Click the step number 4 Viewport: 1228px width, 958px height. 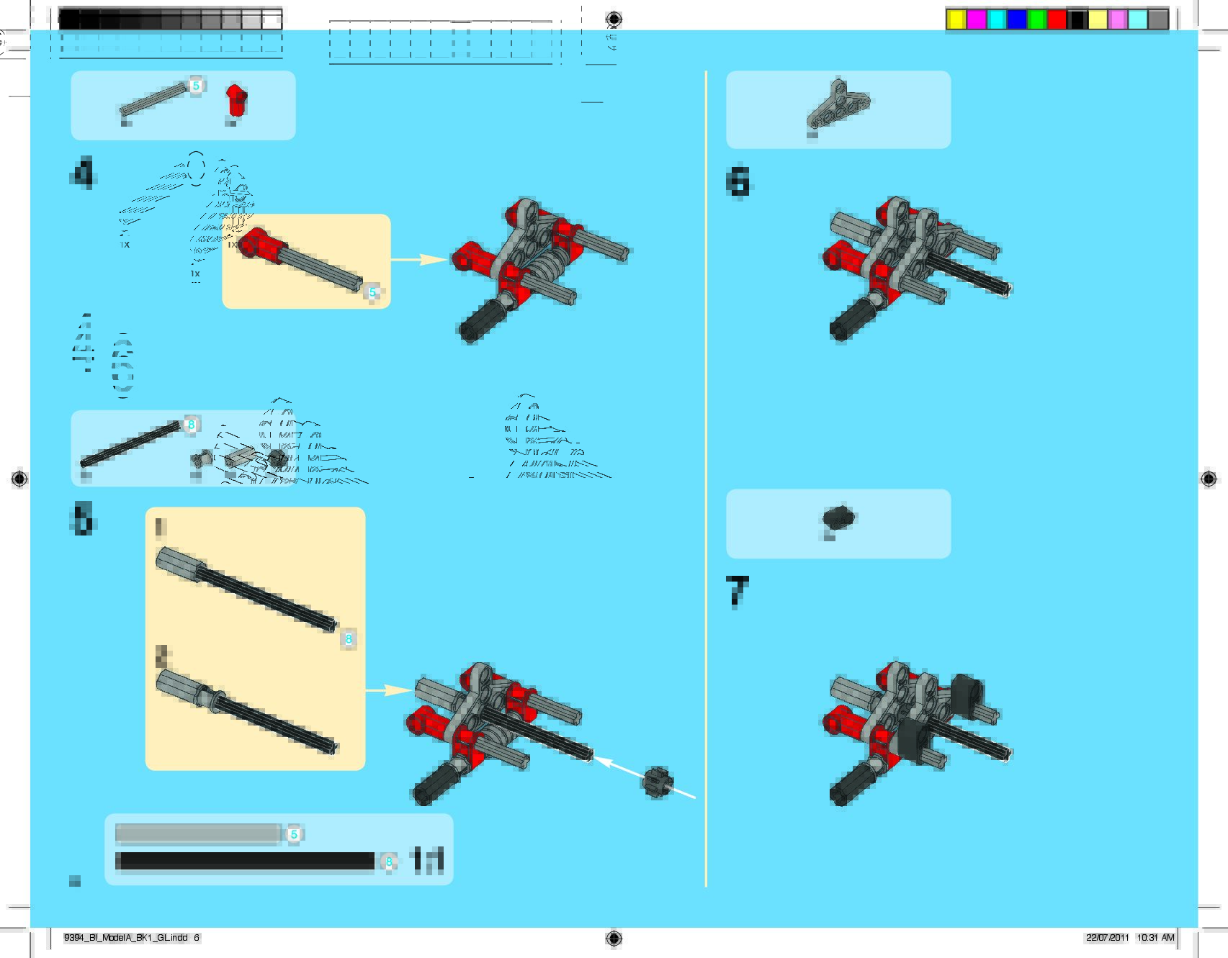pos(84,173)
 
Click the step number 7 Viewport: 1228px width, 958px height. pos(737,592)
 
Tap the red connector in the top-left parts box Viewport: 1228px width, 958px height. pos(236,100)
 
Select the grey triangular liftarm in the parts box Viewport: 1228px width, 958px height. pos(838,104)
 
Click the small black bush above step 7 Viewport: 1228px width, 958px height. pos(838,518)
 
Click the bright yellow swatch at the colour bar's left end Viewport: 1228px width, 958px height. pos(956,19)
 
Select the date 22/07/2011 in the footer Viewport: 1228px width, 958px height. pos(1107,938)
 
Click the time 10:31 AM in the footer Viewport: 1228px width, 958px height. pos(1156,938)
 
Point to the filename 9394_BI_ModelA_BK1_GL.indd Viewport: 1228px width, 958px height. pos(126,938)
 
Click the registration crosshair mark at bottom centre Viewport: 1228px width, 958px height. pos(614,938)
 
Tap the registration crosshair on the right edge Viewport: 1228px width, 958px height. pos(1209,479)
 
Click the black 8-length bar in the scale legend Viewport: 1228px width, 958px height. pos(245,862)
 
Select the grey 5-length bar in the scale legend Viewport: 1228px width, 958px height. pos(198,834)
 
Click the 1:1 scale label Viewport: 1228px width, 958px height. pos(426,861)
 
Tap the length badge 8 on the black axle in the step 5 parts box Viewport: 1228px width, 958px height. pos(191,425)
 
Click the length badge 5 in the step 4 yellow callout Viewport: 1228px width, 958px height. pos(372,292)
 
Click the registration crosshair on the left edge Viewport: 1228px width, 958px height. pos(19,479)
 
